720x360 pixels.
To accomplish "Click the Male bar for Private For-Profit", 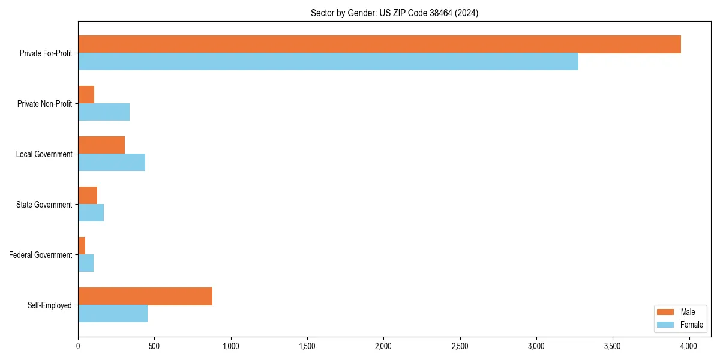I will [379, 44].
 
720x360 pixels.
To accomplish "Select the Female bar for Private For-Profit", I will [328, 62].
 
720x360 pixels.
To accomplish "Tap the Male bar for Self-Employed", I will [145, 296].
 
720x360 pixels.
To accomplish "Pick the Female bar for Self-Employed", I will [113, 314].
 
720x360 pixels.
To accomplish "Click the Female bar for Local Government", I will [112, 163].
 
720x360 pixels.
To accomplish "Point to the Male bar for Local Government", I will [101, 145].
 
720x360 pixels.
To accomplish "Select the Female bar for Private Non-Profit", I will [104, 112].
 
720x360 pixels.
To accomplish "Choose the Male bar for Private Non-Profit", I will [86, 95].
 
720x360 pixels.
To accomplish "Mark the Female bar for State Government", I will [91, 213].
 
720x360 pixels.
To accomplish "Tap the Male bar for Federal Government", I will [82, 246].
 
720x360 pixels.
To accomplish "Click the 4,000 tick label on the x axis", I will [689, 346].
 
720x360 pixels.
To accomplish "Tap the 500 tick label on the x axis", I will [154, 346].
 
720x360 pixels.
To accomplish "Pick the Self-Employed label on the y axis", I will [49, 305].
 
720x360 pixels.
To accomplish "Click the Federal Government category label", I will [41, 255].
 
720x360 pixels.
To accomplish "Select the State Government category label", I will [44, 205].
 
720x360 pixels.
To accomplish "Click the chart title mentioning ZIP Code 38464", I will [394, 13].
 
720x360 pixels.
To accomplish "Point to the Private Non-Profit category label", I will [44, 104].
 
